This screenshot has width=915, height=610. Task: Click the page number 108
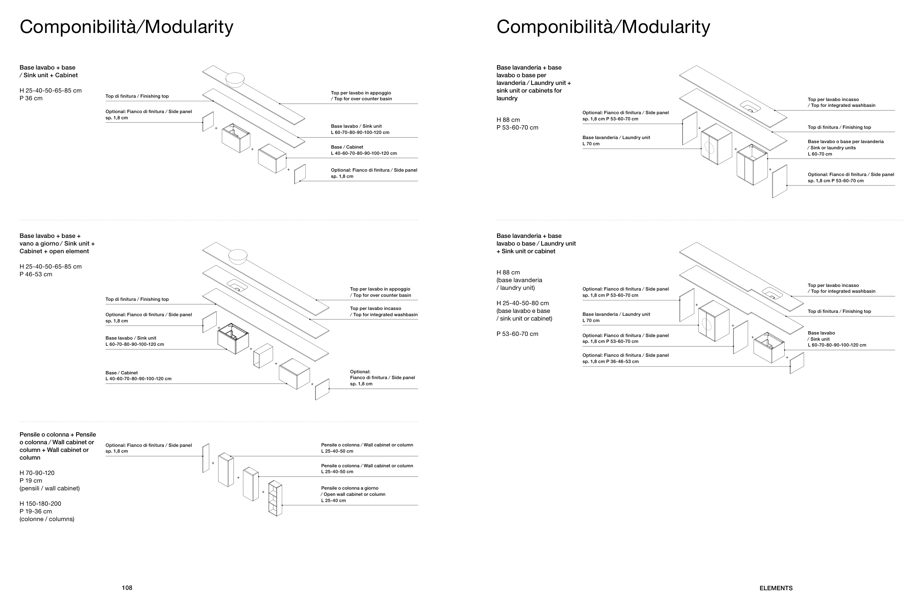127,588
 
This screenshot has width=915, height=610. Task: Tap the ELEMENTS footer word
776,588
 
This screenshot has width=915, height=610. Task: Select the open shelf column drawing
275,498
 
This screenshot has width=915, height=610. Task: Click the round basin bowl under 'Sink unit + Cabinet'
235,79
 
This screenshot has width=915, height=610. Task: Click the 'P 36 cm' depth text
31,98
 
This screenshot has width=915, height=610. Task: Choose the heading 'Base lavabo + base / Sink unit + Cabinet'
49,71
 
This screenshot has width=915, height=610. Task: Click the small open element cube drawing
263,356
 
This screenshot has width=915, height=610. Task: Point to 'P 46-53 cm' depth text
36,274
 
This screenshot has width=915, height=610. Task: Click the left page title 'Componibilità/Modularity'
126,27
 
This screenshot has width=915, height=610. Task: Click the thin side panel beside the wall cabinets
206,458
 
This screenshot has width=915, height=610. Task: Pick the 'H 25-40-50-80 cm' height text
523,303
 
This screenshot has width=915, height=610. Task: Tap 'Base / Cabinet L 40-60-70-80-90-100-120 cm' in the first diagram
363,150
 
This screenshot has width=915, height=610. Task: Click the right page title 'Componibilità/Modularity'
603,27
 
